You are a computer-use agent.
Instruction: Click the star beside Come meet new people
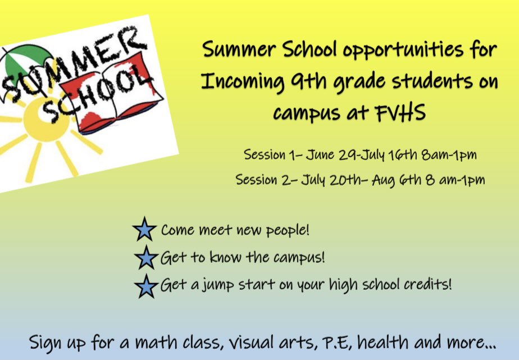click(144, 230)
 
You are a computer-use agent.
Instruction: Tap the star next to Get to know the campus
click(146, 258)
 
